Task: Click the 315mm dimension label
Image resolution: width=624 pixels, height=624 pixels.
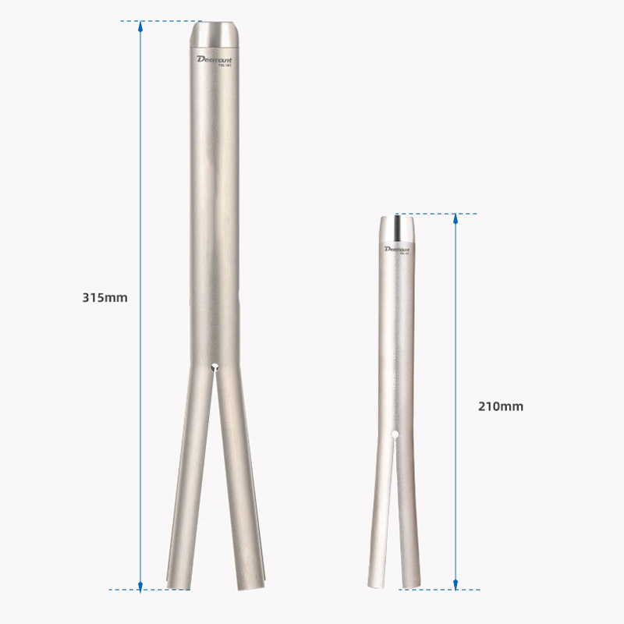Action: (x=105, y=297)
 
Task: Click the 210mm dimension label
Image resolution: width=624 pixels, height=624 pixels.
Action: (x=501, y=406)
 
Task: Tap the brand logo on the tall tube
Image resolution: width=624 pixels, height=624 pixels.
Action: (x=214, y=59)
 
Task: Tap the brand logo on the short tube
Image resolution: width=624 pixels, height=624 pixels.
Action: (x=397, y=249)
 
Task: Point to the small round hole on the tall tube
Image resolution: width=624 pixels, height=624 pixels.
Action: (x=214, y=366)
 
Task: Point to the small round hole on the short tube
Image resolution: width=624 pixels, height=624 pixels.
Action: (x=395, y=434)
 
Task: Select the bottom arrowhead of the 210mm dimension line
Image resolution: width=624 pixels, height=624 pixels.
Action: (x=456, y=583)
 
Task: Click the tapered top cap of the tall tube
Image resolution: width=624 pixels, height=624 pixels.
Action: (x=214, y=34)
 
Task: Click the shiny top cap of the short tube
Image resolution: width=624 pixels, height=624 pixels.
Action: (x=397, y=228)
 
